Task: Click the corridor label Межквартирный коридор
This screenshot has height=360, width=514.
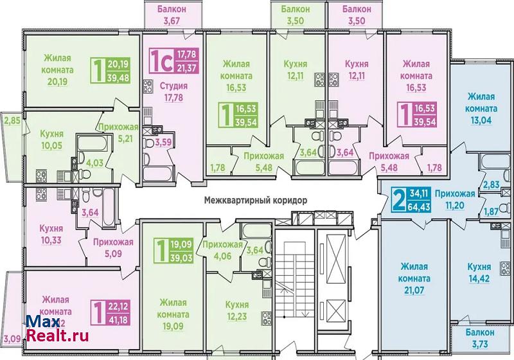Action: pyautogui.click(x=256, y=200)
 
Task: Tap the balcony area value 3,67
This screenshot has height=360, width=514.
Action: pyautogui.click(x=172, y=21)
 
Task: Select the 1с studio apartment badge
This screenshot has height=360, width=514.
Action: pyautogui.click(x=174, y=61)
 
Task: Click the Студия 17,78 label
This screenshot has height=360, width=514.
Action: pyautogui.click(x=173, y=92)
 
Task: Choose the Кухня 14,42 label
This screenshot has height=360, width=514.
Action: pyautogui.click(x=479, y=273)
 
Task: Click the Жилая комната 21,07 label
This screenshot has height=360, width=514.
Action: pyautogui.click(x=414, y=278)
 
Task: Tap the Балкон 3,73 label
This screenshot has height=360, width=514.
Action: pyautogui.click(x=480, y=338)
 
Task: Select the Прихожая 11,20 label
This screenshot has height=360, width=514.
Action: pyautogui.click(x=455, y=200)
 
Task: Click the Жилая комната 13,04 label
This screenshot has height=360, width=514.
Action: pyautogui.click(x=481, y=109)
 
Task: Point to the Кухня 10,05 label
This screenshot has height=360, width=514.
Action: pyautogui.click(x=52, y=139)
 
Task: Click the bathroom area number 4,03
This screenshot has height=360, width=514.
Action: pyautogui.click(x=94, y=163)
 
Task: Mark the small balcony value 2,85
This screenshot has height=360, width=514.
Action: pyautogui.click(x=12, y=120)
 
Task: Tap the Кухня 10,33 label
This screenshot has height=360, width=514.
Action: pyautogui.click(x=51, y=235)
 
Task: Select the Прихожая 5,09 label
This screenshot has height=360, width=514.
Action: pyautogui.click(x=113, y=248)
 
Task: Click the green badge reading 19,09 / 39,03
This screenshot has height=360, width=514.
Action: pyautogui.click(x=173, y=251)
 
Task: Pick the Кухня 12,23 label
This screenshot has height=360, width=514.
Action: pyautogui.click(x=237, y=310)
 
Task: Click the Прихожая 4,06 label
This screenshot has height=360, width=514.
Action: pyautogui.click(x=222, y=250)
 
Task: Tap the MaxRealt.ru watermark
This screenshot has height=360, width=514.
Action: pyautogui.click(x=57, y=328)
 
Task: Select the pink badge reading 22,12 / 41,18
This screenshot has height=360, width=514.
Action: pyautogui.click(x=110, y=313)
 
